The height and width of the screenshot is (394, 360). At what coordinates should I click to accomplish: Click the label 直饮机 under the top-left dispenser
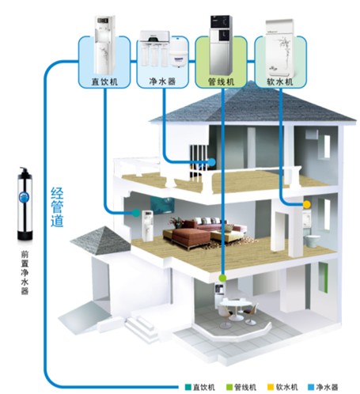pyautogui.click(x=104, y=81)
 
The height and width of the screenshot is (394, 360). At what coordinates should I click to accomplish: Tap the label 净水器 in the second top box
pyautogui.click(x=162, y=81)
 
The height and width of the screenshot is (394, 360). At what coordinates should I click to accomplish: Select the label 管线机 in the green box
pyautogui.click(x=221, y=81)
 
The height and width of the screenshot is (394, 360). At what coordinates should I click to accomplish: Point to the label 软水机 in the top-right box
pyautogui.click(x=280, y=81)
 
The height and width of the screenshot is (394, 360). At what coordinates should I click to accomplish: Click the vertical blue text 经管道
pyautogui.click(x=57, y=207)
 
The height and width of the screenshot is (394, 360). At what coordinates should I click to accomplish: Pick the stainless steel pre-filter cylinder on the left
pyautogui.click(x=25, y=204)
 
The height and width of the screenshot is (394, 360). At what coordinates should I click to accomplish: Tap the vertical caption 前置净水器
pyautogui.click(x=25, y=273)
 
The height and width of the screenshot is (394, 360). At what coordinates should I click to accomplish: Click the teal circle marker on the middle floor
pyautogui.click(x=136, y=213)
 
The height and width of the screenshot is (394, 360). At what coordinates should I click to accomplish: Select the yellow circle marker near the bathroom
pyautogui.click(x=306, y=204)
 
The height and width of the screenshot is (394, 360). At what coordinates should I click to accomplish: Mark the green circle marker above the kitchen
pyautogui.click(x=223, y=278)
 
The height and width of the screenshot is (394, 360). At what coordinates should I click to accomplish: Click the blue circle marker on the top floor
pyautogui.click(x=212, y=162)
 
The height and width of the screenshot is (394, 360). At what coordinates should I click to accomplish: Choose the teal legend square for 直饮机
pyautogui.click(x=188, y=387)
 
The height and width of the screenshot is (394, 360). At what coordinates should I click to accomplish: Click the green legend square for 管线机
pyautogui.click(x=229, y=387)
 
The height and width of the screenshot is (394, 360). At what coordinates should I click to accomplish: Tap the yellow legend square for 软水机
pyautogui.click(x=271, y=387)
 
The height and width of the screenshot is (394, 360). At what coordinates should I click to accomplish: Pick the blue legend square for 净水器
pyautogui.click(x=311, y=387)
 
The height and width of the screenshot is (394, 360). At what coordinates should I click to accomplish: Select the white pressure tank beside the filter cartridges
pyautogui.click(x=177, y=57)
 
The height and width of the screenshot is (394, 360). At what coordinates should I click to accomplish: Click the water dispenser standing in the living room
pyautogui.click(x=148, y=225)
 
